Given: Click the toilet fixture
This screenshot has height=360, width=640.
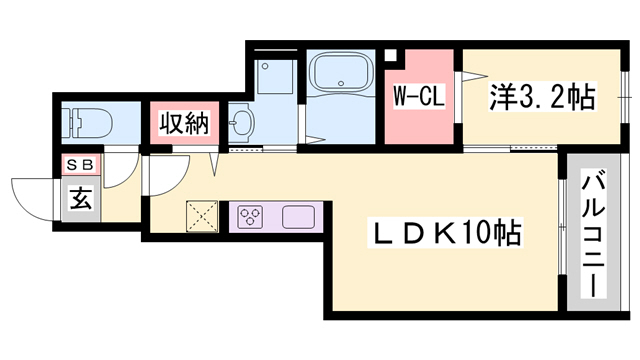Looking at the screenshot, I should coord(83,124).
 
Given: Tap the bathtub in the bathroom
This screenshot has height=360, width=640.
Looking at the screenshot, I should coord(340,75).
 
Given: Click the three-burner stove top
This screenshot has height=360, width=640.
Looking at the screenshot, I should coord(250,216).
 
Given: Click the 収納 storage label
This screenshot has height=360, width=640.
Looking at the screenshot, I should coord(181,124).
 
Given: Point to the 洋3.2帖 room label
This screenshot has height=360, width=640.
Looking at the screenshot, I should coord(540,98).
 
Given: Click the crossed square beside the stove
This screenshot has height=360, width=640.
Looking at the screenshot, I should coord(204,216).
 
